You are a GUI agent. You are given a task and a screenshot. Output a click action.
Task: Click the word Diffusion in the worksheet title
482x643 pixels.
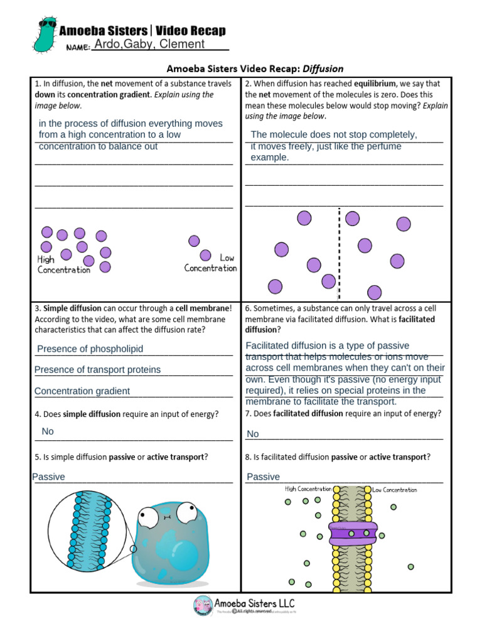pos(323,68)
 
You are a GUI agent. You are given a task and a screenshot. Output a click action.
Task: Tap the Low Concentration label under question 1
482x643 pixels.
pos(212,263)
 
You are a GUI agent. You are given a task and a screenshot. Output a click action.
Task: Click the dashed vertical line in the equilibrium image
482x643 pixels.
pos(340,254)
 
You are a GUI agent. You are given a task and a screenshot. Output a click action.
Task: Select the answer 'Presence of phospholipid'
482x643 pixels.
pos(90,349)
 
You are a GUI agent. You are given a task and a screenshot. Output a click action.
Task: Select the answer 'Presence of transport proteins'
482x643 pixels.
pos(97,370)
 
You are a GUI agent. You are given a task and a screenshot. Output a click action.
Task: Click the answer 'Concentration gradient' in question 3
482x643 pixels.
pos(82,391)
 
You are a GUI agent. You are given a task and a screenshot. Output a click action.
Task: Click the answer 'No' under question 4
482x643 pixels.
pos(48,431)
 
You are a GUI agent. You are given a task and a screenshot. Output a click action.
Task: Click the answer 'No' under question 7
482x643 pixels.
pos(253,434)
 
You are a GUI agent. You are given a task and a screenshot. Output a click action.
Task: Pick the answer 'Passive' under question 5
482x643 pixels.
pos(49,477)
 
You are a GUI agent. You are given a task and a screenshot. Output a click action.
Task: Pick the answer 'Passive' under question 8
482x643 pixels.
pos(264,477)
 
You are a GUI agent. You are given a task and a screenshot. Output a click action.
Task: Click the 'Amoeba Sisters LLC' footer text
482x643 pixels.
pos(257,602)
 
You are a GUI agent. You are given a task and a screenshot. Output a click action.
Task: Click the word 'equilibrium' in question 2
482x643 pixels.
pos(375,84)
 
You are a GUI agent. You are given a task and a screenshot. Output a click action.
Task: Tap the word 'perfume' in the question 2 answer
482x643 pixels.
pos(383,146)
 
